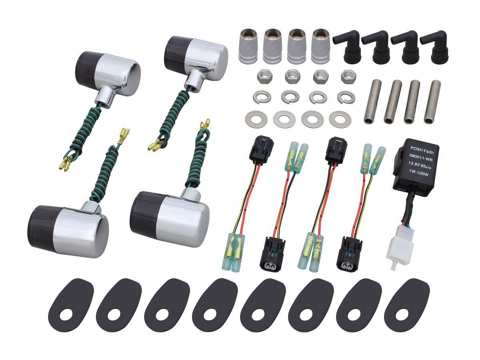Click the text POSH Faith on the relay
point(422,150)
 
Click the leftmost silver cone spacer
point(248,46)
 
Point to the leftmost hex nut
point(264,77)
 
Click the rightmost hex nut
point(348,76)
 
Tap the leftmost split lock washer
point(262,97)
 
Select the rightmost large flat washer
point(340,119)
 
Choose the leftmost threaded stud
point(373,102)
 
